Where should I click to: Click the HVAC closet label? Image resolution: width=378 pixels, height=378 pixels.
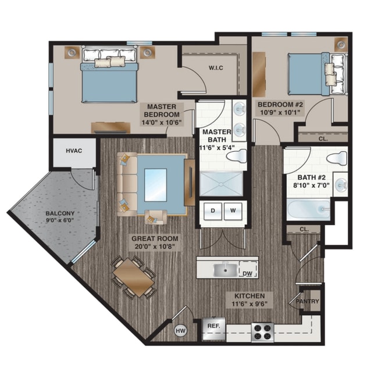coord(73,151)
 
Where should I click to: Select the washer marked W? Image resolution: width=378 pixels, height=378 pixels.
coord(233,211)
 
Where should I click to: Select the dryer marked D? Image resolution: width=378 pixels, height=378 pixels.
coord(213,211)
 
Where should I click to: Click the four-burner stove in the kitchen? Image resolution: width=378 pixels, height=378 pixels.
coord(262,332)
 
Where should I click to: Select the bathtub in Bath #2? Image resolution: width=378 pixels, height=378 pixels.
coord(308,210)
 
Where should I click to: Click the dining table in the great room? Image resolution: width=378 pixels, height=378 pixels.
coord(134,276)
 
